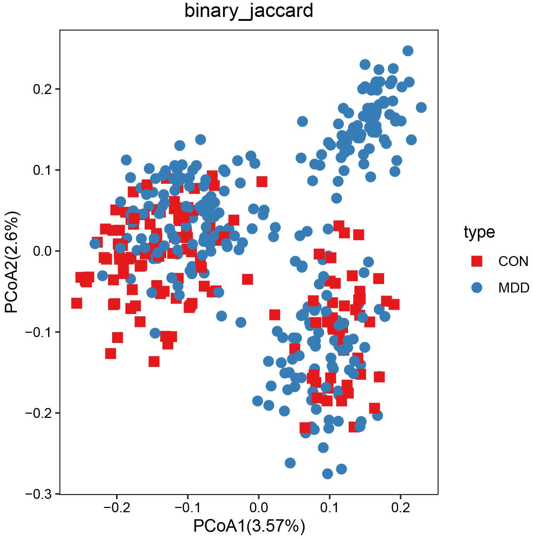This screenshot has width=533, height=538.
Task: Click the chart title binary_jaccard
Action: (x=249, y=11)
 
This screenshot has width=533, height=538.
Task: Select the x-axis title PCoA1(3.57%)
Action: (x=249, y=526)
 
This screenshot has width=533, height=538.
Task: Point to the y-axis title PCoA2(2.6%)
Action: (x=11, y=262)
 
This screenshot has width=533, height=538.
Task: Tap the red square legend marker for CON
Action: (x=477, y=261)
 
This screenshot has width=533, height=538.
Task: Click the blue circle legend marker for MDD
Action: (x=477, y=288)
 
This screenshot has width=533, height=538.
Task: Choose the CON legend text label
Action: (x=513, y=261)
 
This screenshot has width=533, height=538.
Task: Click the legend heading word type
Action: (x=479, y=232)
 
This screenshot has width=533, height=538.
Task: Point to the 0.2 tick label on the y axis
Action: (x=42, y=89)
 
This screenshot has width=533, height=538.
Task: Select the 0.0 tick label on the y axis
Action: (x=42, y=251)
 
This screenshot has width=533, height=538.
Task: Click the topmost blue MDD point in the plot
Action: (x=408, y=51)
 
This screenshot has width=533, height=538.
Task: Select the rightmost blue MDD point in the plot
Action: (x=421, y=107)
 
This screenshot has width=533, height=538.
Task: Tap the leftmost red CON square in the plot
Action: (x=76, y=303)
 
